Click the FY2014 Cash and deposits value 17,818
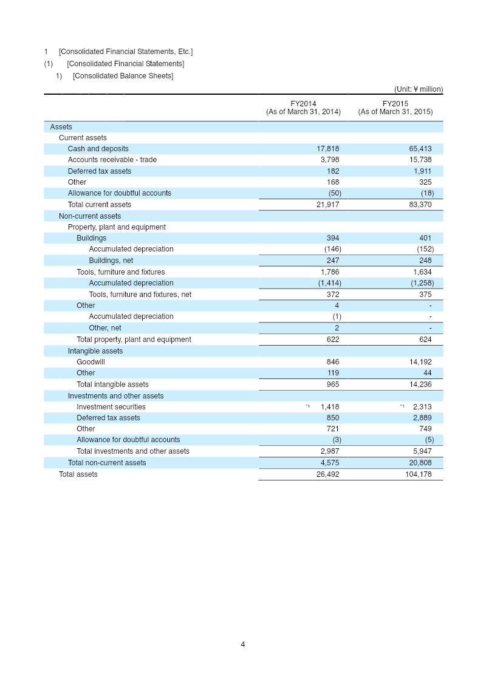pyautogui.click(x=327, y=149)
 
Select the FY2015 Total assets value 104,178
pyautogui.click(x=418, y=474)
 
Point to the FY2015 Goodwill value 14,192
pyautogui.click(x=420, y=362)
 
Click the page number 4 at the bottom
pyautogui.click(x=243, y=644)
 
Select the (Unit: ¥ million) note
pyautogui.click(x=419, y=89)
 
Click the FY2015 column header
pyautogui.click(x=395, y=108)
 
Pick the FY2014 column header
pyautogui.click(x=303, y=108)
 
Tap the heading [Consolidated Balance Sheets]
pyautogui.click(x=123, y=76)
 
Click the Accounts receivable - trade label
pyautogui.click(x=112, y=160)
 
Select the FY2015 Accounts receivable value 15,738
pyautogui.click(x=420, y=160)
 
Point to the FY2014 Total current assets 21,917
pyautogui.click(x=327, y=205)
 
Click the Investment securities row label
pyautogui.click(x=111, y=407)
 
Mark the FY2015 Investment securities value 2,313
pyautogui.click(x=422, y=407)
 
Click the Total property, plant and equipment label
pyautogui.click(x=134, y=340)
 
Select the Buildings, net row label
pyautogui.click(x=111, y=261)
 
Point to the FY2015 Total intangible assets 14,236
pyautogui.click(x=420, y=385)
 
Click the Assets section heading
pyautogui.click(x=61, y=127)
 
